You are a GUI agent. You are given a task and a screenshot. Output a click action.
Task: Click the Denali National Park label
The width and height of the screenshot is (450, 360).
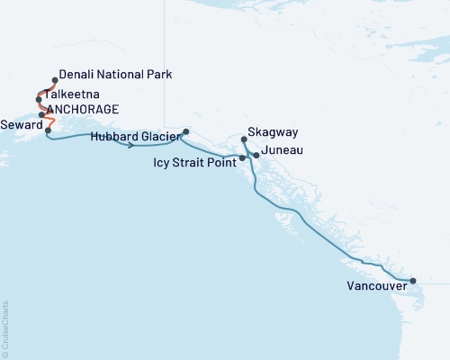coord(113,76)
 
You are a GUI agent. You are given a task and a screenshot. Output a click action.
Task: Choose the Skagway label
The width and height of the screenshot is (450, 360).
coord(268,140)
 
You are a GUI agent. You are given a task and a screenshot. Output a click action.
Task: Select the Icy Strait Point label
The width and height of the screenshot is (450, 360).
coord(195,163)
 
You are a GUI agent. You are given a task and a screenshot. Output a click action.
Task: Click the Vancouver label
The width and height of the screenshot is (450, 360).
coord(375,288)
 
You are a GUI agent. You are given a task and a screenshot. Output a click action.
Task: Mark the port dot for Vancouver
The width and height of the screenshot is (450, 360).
coord(413,281)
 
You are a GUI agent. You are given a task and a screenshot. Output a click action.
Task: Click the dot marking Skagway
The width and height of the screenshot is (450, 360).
coord(245,139)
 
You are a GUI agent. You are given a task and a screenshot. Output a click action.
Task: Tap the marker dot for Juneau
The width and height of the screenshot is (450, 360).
coord(256,156)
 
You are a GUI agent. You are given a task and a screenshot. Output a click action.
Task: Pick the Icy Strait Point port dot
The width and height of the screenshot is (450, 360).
coord(242,158)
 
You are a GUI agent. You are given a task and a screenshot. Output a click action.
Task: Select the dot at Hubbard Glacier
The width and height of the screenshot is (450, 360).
coord(185,132)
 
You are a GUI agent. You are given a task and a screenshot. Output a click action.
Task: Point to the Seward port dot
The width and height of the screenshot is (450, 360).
coord(47,130)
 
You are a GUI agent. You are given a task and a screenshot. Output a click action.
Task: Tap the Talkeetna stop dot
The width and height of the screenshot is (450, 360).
coord(38,99)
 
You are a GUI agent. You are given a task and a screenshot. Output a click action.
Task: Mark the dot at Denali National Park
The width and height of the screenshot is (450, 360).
coord(55,79)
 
